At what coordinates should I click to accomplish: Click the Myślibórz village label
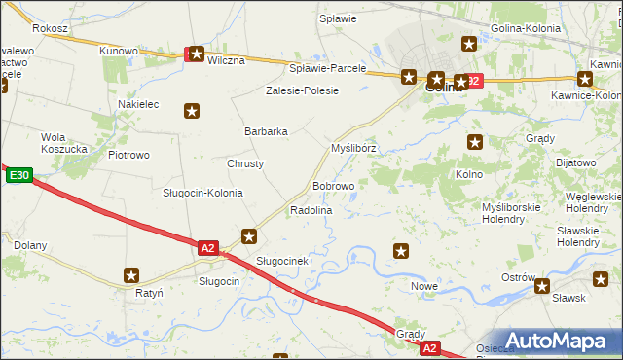point(353,148)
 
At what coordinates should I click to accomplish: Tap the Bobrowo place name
point(333,185)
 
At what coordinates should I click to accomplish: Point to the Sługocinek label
point(282,261)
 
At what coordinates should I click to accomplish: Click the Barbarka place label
point(266,131)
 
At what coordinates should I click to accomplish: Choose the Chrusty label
point(245,163)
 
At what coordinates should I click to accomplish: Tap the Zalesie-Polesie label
point(303,90)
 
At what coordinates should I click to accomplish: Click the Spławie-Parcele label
point(328,68)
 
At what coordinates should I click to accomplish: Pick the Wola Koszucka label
point(64,143)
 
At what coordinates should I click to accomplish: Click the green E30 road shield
point(18,175)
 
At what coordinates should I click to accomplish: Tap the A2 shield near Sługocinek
point(207,248)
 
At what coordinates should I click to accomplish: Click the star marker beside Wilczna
point(196,55)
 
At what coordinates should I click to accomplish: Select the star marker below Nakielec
point(192,111)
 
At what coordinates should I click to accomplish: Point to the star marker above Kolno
point(475,142)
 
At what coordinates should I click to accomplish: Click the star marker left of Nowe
point(400,252)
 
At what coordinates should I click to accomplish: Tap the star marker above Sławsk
point(542,286)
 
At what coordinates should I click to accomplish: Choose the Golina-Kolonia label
point(527,28)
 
